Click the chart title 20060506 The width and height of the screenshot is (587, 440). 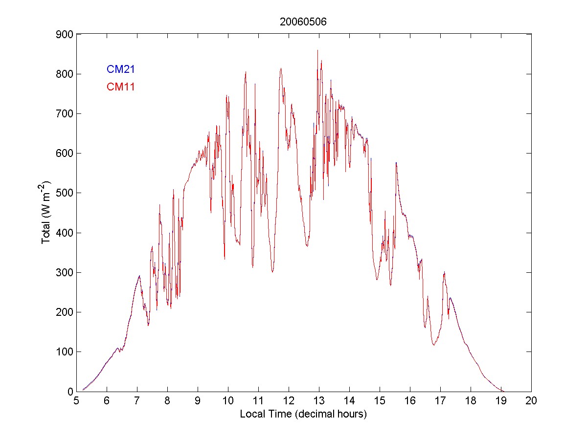(x=303, y=22)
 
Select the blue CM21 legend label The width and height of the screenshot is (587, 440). (x=121, y=69)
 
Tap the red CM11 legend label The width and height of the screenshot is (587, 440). (x=121, y=87)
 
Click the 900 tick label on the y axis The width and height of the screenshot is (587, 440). (x=64, y=35)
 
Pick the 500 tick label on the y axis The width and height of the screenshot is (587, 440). (x=64, y=193)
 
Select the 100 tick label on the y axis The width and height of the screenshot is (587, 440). (x=64, y=352)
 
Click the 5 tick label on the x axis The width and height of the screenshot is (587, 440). (x=76, y=401)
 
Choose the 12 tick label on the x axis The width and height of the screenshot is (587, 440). (x=289, y=401)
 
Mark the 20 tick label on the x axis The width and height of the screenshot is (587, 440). (x=531, y=401)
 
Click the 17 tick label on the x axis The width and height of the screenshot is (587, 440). (x=440, y=401)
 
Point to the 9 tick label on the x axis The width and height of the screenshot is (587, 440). (x=198, y=401)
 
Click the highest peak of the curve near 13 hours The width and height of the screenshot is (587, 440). (x=317, y=50)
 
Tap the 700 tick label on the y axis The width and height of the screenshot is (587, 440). (x=64, y=114)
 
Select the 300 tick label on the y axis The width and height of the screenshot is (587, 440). (x=64, y=272)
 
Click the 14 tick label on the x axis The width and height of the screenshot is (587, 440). (x=349, y=401)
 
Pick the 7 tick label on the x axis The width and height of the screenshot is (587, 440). (x=137, y=401)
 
